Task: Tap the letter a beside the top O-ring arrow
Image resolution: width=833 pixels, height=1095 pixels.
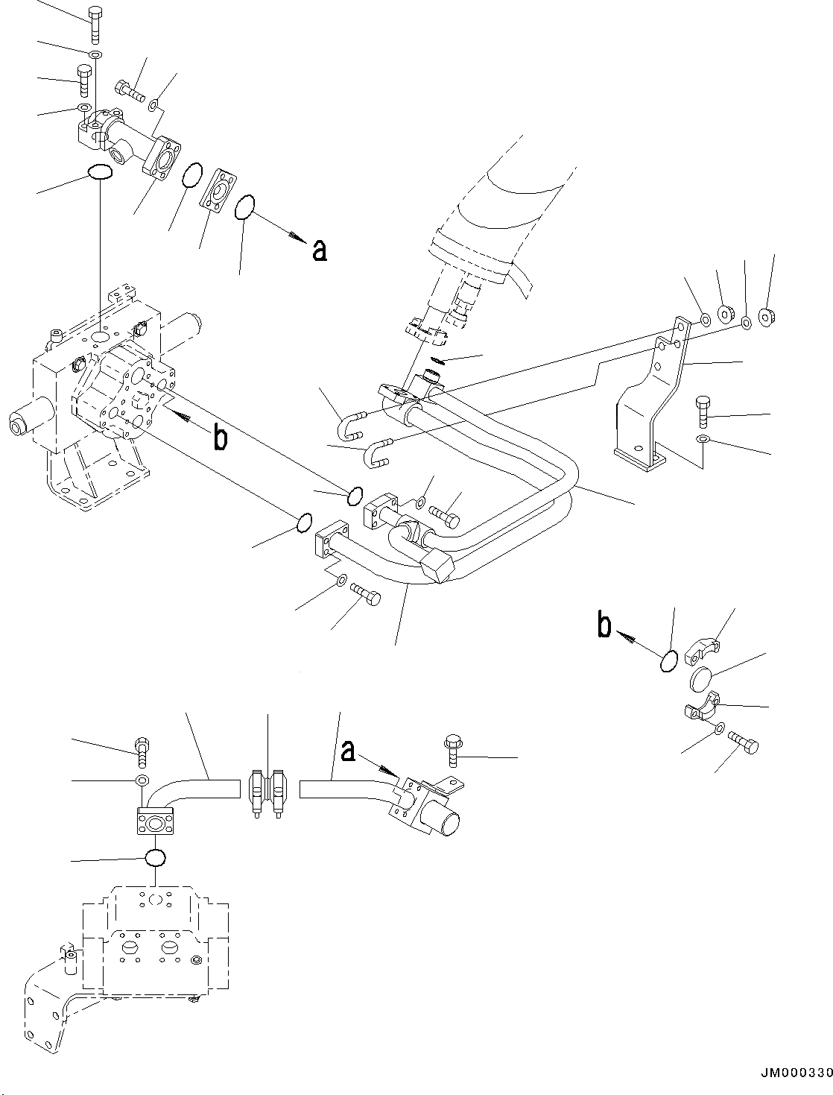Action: click(320, 250)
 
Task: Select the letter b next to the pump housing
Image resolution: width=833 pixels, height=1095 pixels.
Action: click(221, 438)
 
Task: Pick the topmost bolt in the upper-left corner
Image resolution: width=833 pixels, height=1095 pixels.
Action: click(95, 26)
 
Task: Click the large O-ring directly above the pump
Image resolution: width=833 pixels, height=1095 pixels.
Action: click(100, 171)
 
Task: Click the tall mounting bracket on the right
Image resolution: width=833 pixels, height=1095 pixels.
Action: click(650, 394)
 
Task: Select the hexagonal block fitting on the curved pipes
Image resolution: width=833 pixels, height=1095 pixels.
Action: click(437, 565)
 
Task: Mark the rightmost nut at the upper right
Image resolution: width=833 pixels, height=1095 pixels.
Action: click(766, 315)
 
